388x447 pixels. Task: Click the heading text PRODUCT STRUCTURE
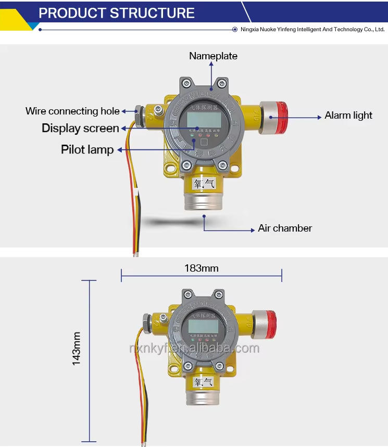(117, 12)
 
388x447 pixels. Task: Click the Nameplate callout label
(213, 56)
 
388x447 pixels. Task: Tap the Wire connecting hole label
(72, 111)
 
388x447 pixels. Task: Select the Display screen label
(80, 128)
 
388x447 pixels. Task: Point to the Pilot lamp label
(87, 150)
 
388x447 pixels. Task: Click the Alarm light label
(348, 115)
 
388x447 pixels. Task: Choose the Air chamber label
(285, 228)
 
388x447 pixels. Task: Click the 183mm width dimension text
(201, 269)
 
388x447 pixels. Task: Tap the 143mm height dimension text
(77, 349)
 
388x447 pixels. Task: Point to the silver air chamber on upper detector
(204, 200)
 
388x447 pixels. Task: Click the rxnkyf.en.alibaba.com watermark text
(194, 348)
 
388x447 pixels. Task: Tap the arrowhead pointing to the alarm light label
(319, 118)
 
